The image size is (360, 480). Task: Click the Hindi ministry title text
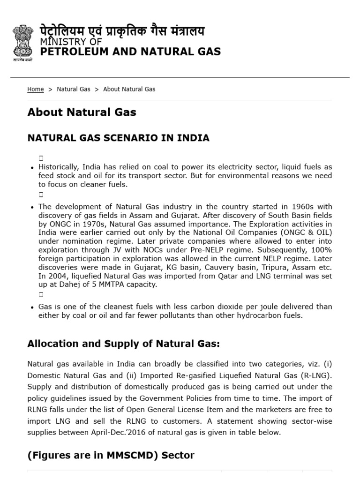click(x=122, y=32)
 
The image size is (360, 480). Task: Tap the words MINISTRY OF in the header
click(x=71, y=43)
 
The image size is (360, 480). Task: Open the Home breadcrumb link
click(x=36, y=89)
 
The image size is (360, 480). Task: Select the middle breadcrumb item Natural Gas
click(x=74, y=89)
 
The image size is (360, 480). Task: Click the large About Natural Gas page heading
click(x=82, y=112)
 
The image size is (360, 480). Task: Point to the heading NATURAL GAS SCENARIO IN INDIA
click(x=119, y=138)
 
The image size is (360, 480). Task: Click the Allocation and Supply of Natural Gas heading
click(x=124, y=344)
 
